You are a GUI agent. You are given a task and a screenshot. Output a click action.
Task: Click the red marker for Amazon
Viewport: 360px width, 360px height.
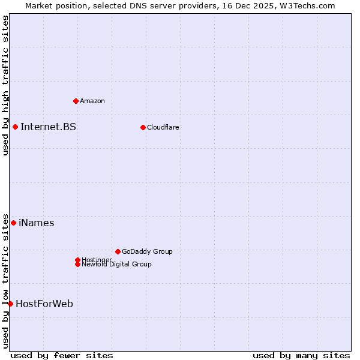[76, 101]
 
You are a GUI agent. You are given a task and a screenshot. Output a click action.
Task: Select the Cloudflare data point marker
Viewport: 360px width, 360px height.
[143, 127]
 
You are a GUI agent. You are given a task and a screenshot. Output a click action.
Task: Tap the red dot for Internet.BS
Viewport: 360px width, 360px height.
[15, 127]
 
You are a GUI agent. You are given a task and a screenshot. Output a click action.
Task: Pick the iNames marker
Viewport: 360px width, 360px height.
[13, 223]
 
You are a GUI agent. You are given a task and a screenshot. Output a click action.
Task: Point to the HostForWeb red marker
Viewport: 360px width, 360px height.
[10, 304]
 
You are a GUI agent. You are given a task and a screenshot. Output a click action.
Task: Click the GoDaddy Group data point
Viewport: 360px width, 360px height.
[118, 251]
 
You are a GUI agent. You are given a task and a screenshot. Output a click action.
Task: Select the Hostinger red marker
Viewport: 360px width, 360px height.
[77, 260]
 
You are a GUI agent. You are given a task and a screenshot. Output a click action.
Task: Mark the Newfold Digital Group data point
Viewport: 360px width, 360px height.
[77, 264]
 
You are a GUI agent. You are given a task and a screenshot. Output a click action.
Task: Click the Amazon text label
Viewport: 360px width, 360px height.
[92, 101]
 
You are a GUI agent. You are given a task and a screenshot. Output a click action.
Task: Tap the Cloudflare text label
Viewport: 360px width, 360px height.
[163, 127]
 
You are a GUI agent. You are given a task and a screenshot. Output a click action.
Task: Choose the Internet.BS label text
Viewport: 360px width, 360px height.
[48, 127]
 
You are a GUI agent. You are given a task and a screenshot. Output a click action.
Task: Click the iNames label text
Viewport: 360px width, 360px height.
[37, 223]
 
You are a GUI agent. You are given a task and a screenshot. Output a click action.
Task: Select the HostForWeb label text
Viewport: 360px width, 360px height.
[44, 304]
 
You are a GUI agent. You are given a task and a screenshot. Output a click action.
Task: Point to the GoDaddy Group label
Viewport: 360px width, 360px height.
[147, 251]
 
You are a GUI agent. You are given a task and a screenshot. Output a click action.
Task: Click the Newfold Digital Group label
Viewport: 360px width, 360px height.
[116, 265]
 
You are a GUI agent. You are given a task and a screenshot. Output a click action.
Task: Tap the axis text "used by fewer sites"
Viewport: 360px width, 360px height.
[62, 355]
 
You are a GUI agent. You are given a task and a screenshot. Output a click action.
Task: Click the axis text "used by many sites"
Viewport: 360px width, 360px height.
[301, 355]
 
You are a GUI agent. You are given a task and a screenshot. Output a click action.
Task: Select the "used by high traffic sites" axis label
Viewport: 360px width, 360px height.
[5, 85]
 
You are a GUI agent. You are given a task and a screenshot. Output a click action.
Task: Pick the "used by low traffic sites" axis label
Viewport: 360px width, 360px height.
[5, 280]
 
